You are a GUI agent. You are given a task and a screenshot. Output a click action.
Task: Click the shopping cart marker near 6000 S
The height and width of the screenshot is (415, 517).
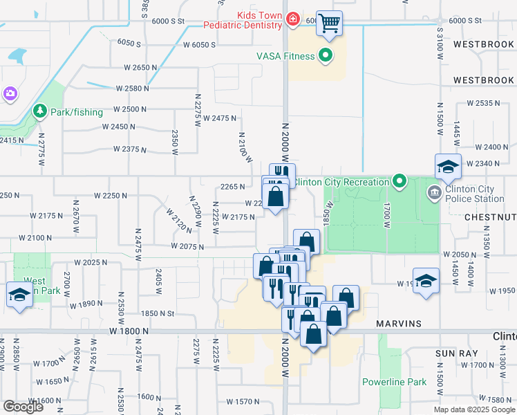[x=330, y=23]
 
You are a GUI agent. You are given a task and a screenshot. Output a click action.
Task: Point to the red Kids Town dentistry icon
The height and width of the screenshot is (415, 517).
[x=293, y=19]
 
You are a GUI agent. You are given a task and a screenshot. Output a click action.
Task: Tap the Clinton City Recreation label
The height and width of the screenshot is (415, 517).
[x=341, y=182]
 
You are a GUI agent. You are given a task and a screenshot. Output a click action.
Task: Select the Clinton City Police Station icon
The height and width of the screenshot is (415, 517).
[x=434, y=192]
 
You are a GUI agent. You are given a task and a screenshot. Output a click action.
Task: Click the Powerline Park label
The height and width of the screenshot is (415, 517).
[x=395, y=382]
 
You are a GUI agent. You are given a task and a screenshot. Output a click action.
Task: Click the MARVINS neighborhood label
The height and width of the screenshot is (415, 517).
[x=398, y=324]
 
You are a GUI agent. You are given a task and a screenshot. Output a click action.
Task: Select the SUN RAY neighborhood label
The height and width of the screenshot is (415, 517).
[x=454, y=353]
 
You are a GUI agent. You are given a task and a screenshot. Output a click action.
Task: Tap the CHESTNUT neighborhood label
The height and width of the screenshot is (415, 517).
[x=491, y=217]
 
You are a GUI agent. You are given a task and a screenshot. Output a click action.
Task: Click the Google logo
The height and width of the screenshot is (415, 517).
[x=23, y=407]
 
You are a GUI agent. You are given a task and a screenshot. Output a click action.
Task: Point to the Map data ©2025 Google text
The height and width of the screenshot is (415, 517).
[x=474, y=409]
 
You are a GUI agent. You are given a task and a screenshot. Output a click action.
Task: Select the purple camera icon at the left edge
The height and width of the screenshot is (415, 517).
[x=9, y=93]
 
